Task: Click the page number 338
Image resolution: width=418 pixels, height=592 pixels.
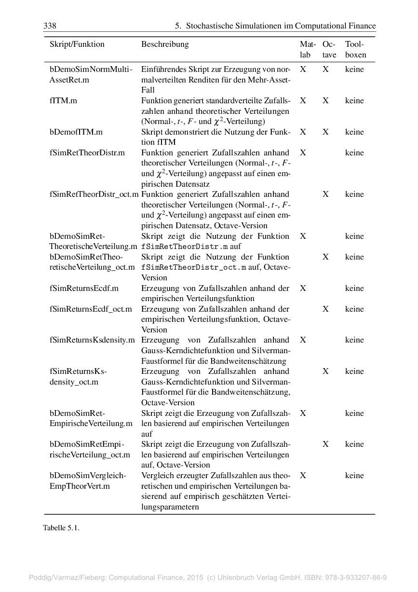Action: [x=50, y=26]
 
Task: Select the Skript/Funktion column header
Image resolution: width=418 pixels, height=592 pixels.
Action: [x=77, y=44]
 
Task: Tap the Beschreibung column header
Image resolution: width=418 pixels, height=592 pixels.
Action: [x=165, y=44]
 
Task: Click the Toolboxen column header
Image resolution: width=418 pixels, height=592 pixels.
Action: [x=355, y=49]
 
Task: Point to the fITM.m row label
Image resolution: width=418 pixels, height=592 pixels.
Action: [x=61, y=101]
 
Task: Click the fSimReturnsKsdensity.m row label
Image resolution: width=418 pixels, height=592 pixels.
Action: [x=92, y=340]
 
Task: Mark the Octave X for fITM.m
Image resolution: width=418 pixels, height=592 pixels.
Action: [x=326, y=101]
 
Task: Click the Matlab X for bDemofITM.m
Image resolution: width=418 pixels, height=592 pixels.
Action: [x=303, y=132]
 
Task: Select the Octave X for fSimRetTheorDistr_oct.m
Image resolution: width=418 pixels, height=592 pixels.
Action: [x=326, y=194]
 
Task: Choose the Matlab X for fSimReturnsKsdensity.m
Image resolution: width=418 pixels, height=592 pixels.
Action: [x=303, y=340]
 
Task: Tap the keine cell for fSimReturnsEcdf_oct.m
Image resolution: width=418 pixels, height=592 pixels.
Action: [x=354, y=309]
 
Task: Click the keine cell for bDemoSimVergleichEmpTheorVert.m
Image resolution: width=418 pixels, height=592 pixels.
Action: [x=354, y=476]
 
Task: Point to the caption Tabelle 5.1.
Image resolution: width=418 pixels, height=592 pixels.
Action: [x=61, y=528]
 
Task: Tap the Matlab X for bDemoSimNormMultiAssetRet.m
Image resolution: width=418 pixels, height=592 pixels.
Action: [x=303, y=69]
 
